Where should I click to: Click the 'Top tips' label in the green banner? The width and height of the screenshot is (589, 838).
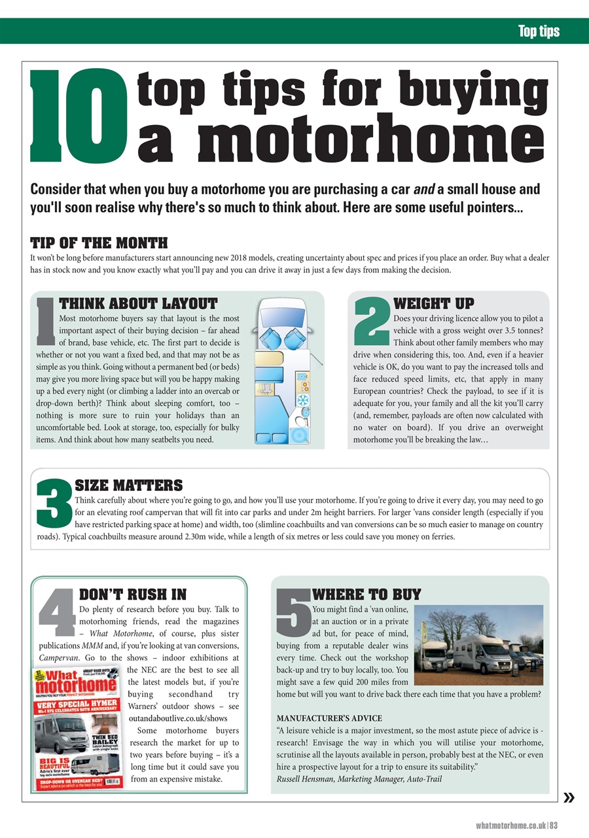pos(539,31)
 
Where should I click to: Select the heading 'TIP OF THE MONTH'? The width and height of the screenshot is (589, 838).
pos(99,243)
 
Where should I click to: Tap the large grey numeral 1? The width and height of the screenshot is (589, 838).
pos(46,321)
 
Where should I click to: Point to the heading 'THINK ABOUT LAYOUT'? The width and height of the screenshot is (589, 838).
pos(138,304)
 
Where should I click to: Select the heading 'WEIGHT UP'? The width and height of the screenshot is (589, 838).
pos(433,304)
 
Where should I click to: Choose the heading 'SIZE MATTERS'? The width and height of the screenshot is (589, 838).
pos(129,486)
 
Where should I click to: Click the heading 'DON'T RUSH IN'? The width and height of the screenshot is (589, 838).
pos(132,594)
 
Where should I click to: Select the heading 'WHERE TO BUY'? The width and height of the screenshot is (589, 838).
pos(366,594)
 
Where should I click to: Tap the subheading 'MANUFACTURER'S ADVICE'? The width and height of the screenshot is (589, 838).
pos(329,718)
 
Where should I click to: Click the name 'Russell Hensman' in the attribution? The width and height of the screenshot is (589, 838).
pos(305,778)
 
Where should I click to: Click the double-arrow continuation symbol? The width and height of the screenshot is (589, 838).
pos(569,797)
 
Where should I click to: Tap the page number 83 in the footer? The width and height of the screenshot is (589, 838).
pos(553,825)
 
